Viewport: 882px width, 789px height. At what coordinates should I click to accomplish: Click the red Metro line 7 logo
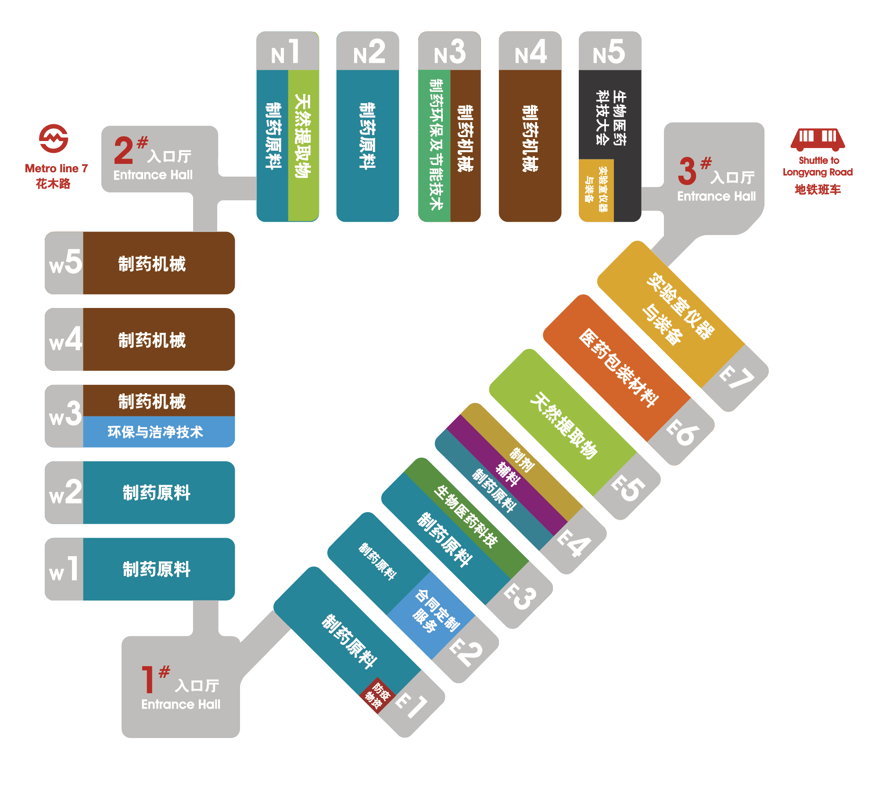click(54, 138)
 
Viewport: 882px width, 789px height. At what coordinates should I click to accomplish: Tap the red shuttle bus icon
click(818, 140)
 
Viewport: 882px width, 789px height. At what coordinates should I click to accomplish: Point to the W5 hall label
click(65, 262)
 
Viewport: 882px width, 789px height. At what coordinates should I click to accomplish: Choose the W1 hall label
click(64, 569)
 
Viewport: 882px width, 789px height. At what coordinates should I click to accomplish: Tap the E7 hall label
click(737, 378)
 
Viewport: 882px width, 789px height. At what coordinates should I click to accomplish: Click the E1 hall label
click(412, 706)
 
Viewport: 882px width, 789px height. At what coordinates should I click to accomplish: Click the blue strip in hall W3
click(159, 432)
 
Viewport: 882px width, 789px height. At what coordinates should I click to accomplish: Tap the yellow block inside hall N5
click(596, 190)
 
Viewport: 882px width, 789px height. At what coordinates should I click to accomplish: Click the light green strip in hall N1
click(303, 145)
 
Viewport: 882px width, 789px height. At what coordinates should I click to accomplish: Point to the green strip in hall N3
click(434, 145)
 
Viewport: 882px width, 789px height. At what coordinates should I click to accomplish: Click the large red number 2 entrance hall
click(124, 150)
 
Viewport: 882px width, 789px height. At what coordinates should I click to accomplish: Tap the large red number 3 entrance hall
click(687, 171)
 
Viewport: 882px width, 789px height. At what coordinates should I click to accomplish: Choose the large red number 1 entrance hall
click(147, 680)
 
